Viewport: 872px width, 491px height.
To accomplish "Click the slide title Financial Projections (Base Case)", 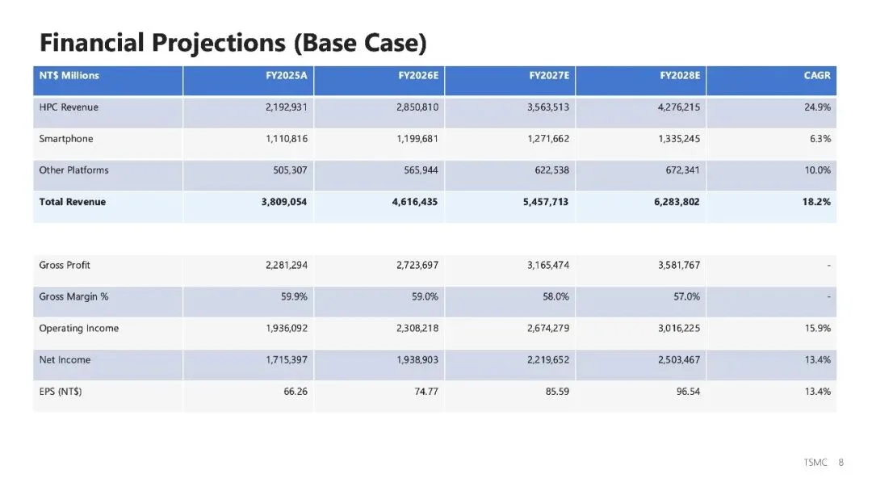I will tap(233, 42).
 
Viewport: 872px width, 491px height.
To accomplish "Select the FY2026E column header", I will tap(417, 76).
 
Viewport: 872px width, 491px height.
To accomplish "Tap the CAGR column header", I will tap(817, 76).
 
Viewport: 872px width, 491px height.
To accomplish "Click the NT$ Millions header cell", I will tap(69, 76).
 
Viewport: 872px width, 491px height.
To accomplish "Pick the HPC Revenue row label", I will tap(69, 107).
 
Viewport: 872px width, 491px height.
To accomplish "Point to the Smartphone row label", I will tap(66, 139).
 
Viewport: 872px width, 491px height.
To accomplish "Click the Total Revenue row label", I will tap(72, 202).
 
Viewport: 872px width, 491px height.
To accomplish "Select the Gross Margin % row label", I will tap(73, 297).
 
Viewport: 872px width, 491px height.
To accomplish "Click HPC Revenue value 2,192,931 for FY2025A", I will tap(286, 107).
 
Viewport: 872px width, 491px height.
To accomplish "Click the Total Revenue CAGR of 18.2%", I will tap(816, 202).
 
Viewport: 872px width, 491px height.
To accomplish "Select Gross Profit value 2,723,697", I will tap(417, 266).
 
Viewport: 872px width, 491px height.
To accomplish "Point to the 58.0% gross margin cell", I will tap(555, 297).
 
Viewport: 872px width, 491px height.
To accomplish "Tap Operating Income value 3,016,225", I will tap(678, 329).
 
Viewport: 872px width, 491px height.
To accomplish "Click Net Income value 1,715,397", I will tap(286, 360).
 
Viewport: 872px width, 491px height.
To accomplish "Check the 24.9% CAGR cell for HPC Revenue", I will tap(817, 107).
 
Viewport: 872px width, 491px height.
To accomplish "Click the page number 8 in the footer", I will tap(841, 463).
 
